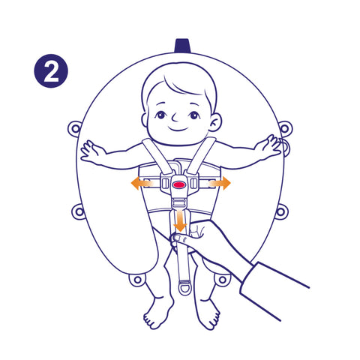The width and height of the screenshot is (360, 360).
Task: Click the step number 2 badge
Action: tap(51, 70)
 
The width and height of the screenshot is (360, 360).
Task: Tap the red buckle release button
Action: tap(178, 184)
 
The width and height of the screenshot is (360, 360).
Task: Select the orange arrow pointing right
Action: tap(220, 183)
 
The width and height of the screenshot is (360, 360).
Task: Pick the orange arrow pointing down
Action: tap(180, 220)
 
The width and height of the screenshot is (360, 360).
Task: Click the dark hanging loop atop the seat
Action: tap(183, 46)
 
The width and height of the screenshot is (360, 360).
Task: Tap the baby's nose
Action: tap(175, 117)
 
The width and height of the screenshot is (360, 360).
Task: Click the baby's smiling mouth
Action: tap(178, 129)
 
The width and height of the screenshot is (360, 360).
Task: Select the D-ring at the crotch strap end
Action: tap(185, 287)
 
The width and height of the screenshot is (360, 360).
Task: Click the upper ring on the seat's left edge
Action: tap(75, 129)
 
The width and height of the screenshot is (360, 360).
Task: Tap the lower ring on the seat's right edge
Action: tap(281, 212)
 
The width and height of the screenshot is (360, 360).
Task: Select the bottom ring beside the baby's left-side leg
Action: tap(137, 279)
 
